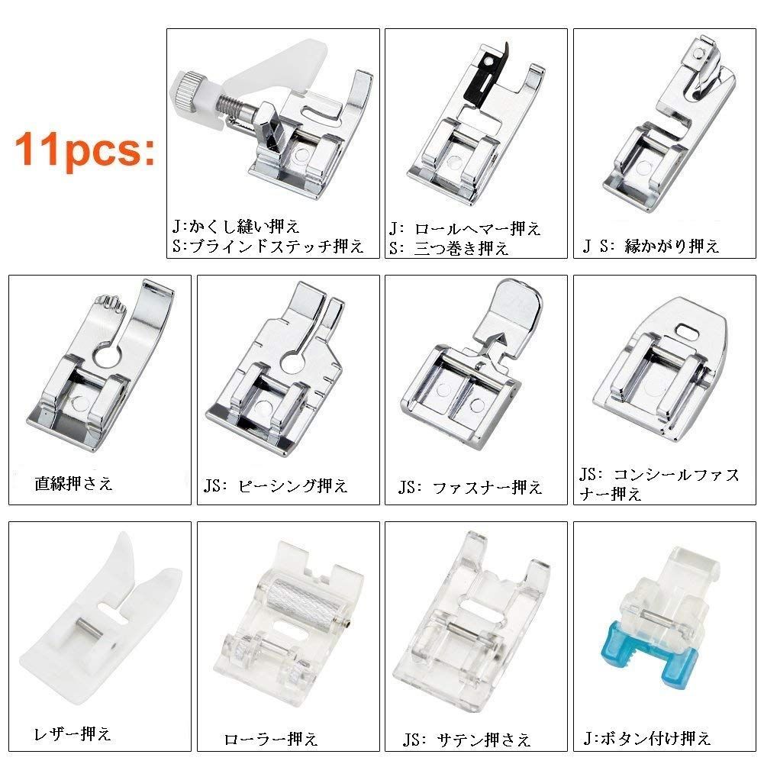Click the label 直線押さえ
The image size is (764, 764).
pyautogui.click(x=73, y=483)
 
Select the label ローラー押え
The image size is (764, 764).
pyautogui.click(x=271, y=739)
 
